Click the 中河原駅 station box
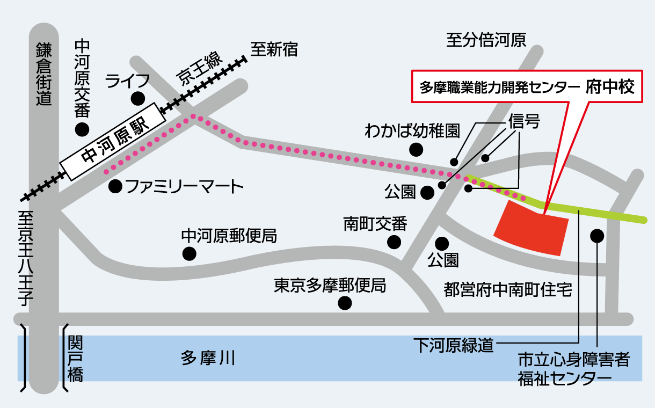point(113,141)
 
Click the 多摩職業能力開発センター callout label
point(527,86)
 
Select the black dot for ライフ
point(138,99)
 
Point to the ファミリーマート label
point(185,186)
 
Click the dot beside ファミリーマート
point(115,186)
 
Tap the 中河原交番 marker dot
point(82,129)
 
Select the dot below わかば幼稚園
point(416,150)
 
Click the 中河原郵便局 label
point(229,236)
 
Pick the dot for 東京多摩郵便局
point(345,303)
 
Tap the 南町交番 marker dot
point(394,242)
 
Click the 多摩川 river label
point(208,358)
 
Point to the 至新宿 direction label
point(274,49)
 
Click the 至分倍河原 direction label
point(486,40)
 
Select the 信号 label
point(524,121)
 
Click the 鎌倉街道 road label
point(44,74)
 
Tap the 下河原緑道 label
point(454,345)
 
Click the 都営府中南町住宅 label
point(508,289)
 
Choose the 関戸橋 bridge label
point(76,359)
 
